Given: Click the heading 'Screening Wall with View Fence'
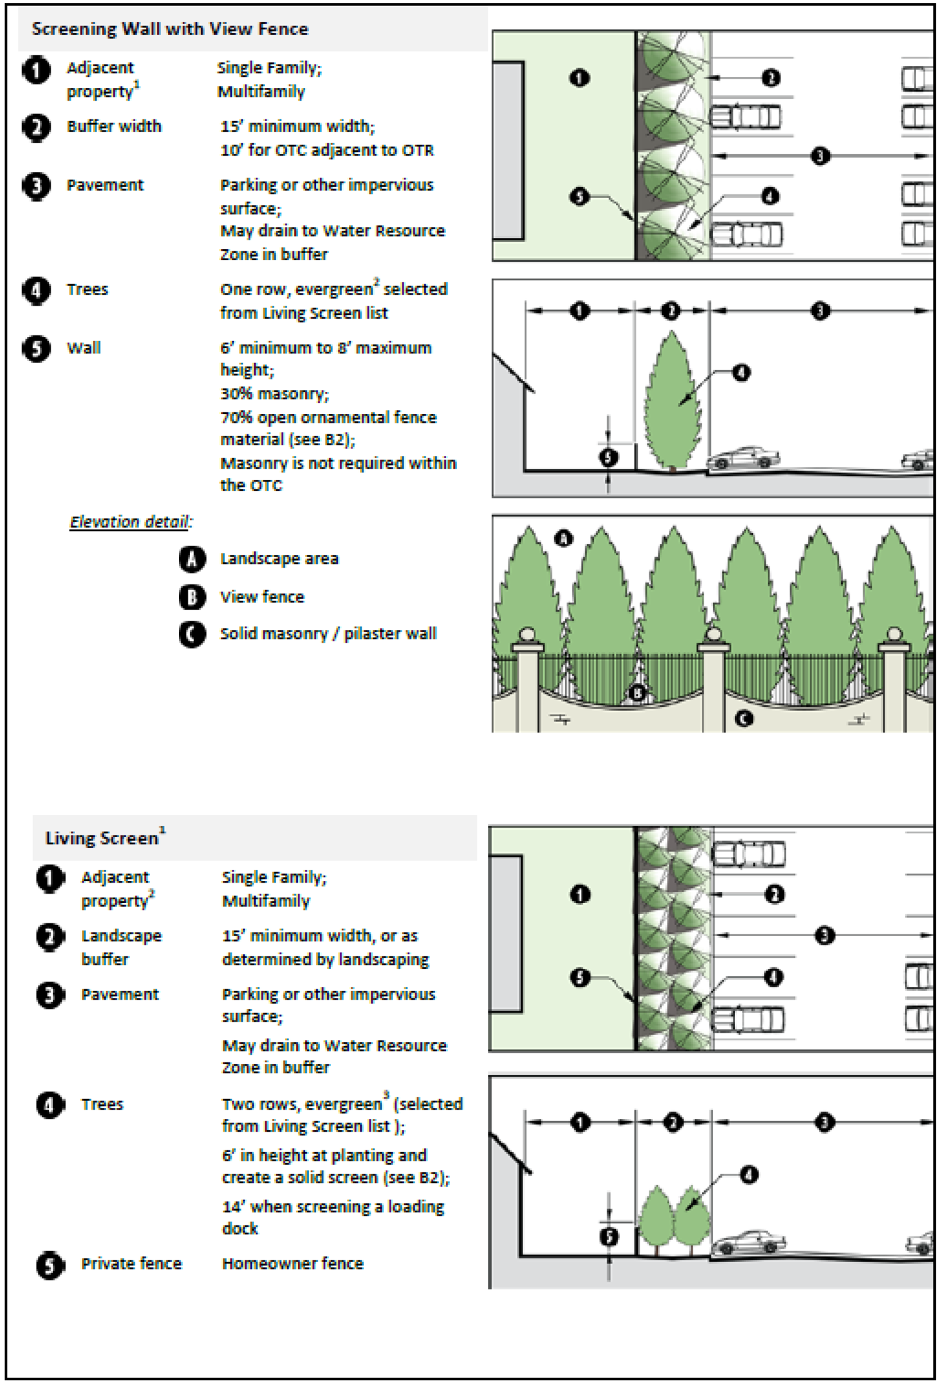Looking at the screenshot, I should pyautogui.click(x=170, y=29).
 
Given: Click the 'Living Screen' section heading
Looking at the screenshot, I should pyautogui.click(x=102, y=838).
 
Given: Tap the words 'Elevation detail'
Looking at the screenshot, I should pyautogui.click(x=130, y=522).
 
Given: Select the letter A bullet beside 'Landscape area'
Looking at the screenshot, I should pyautogui.click(x=192, y=559).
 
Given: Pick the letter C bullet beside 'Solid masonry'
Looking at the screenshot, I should pyautogui.click(x=192, y=634).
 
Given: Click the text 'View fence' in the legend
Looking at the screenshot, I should pyautogui.click(x=262, y=597).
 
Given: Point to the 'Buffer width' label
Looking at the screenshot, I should pyautogui.click(x=114, y=126).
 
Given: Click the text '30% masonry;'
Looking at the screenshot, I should pyautogui.click(x=274, y=394).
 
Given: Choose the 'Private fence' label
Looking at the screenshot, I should pyautogui.click(x=131, y=1263).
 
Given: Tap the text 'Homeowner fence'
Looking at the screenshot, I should pyautogui.click(x=293, y=1263).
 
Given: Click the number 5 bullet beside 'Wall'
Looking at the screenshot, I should pyautogui.click(x=36, y=348).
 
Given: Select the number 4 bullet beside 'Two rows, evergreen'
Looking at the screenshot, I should pyautogui.click(x=50, y=1105).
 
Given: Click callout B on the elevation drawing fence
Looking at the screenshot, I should pyautogui.click(x=637, y=693).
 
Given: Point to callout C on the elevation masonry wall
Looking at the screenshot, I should pyautogui.click(x=744, y=718).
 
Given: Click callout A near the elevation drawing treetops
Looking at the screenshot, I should pyautogui.click(x=564, y=539).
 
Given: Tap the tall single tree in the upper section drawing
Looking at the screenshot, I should pyautogui.click(x=672, y=400).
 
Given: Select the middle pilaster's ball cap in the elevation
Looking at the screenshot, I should pyautogui.click(x=713, y=634).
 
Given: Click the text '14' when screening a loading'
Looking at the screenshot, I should pyautogui.click(x=333, y=1206).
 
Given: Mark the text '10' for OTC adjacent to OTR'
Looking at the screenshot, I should pyautogui.click(x=327, y=150).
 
